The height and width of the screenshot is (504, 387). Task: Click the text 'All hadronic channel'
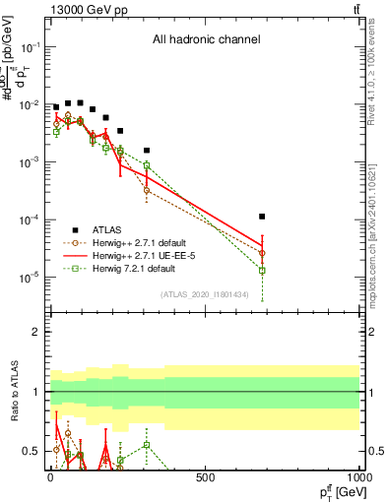click(x=206, y=40)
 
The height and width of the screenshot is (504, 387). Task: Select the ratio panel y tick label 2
click(x=33, y=332)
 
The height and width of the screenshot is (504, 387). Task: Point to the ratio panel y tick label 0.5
click(x=28, y=451)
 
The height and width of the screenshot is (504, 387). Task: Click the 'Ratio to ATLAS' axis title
click(x=12, y=392)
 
